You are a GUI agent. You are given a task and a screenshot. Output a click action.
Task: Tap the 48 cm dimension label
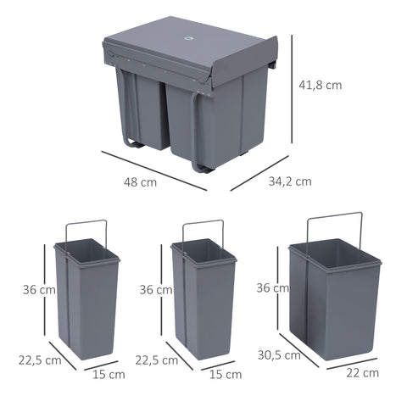(142, 182)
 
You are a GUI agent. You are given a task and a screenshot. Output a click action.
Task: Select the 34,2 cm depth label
(290, 181)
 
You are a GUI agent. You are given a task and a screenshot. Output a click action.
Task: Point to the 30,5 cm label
(281, 356)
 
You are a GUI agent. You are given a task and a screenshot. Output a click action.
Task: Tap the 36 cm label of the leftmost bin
(39, 289)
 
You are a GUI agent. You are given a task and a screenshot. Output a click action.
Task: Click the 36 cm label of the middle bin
(156, 289)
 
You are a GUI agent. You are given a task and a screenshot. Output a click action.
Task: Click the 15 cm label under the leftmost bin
(108, 374)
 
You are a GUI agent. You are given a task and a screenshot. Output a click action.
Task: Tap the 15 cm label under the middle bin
(225, 374)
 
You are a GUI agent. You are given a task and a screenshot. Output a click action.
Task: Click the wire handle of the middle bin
(203, 225)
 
